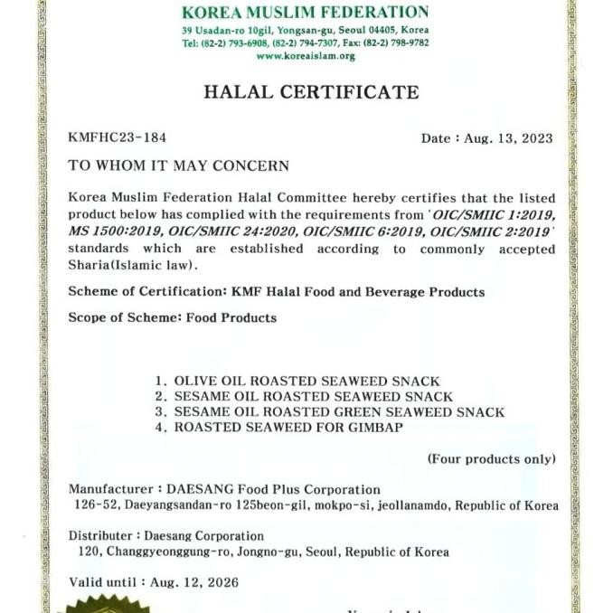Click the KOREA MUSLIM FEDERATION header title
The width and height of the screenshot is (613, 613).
pos(306,13)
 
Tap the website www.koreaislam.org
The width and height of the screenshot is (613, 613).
pos(306,55)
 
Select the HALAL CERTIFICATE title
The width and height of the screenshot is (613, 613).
pos(311,92)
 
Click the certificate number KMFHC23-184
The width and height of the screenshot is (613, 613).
pos(117,138)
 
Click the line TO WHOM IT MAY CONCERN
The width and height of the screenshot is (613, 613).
pos(179,166)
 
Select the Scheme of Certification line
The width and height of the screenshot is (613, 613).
pos(277,292)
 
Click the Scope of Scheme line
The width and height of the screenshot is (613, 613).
pos(173,317)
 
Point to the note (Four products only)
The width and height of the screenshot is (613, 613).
pos(491,459)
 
